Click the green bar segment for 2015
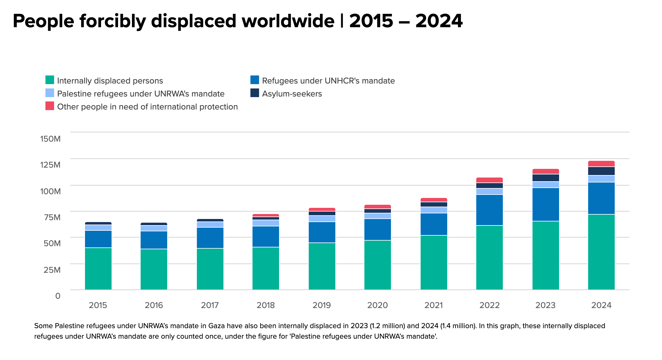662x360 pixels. (x=98, y=268)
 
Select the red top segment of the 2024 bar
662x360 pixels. (x=601, y=164)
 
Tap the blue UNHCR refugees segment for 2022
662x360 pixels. (x=489, y=210)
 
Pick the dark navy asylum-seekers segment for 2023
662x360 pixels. (x=545, y=178)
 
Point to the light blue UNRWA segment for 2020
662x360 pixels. (x=377, y=216)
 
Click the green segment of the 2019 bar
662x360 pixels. (x=322, y=266)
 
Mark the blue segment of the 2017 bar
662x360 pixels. (x=210, y=238)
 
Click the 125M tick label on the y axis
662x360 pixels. (x=50, y=165)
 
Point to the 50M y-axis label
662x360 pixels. (x=52, y=243)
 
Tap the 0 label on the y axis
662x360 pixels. (x=58, y=296)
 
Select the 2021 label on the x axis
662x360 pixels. (x=433, y=305)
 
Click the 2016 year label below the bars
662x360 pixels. (x=154, y=305)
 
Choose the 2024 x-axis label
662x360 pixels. (x=601, y=305)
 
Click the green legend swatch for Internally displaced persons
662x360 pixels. (x=50, y=80)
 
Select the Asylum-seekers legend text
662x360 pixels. (x=292, y=94)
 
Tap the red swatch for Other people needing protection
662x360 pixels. (x=50, y=106)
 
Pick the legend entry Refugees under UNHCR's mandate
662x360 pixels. (x=328, y=81)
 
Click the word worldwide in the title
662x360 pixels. (x=288, y=21)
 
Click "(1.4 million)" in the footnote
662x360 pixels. (x=458, y=326)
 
